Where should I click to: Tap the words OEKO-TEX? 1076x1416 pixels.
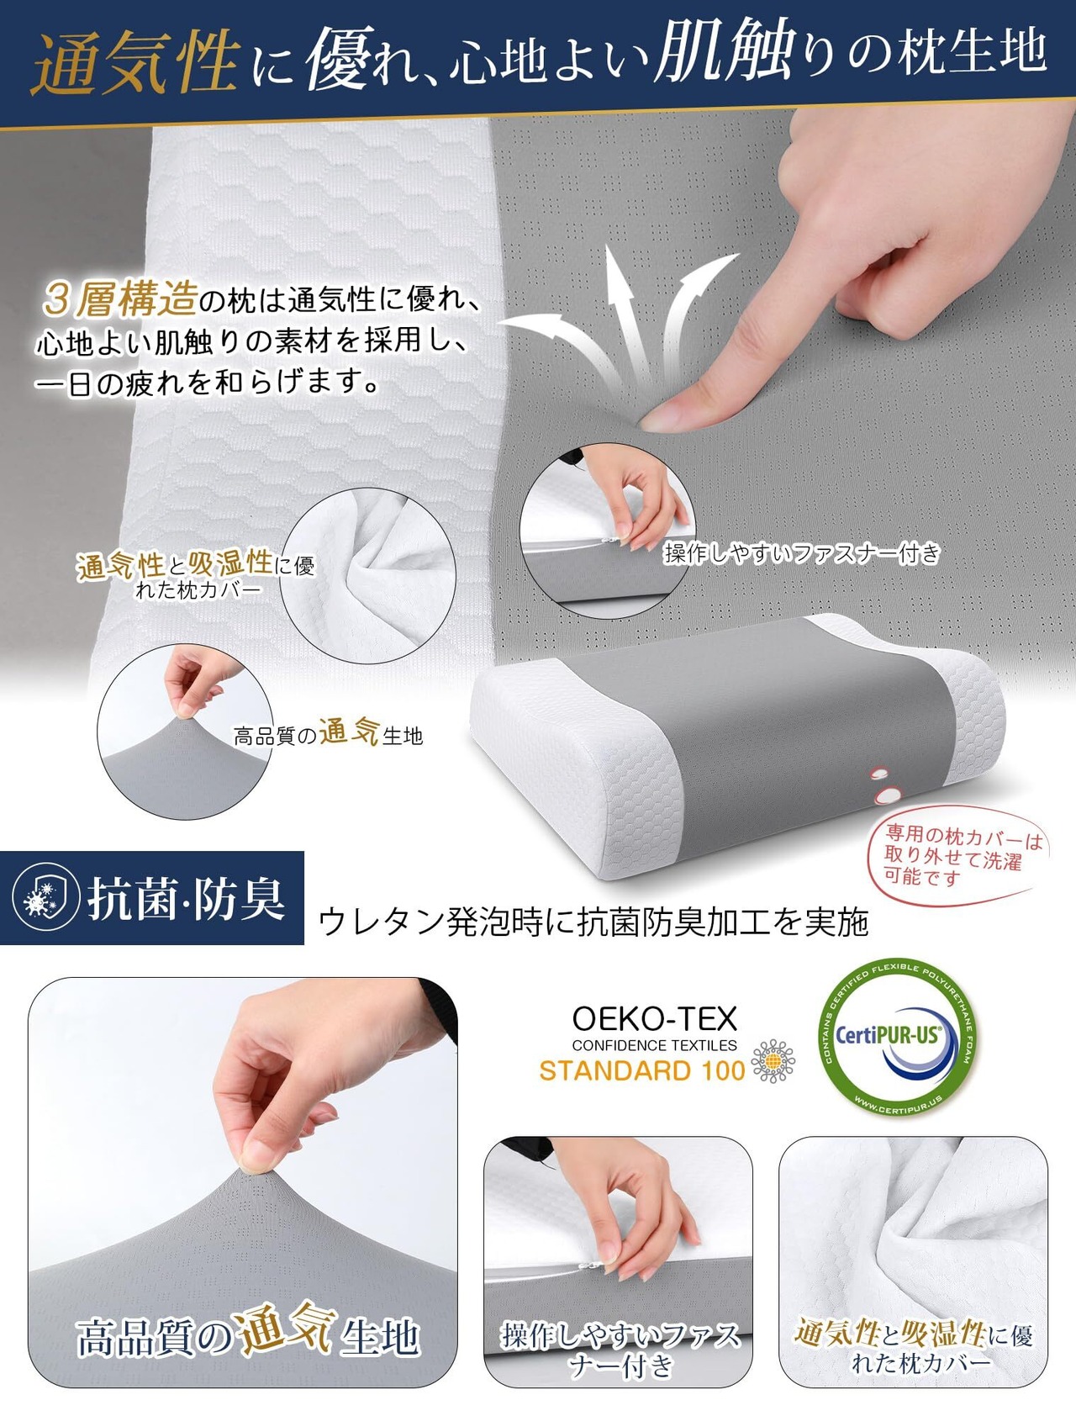pos(654,1019)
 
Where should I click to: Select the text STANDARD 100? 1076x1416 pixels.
pos(642,1070)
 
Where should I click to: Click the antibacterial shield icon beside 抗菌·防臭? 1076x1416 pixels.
pos(46,897)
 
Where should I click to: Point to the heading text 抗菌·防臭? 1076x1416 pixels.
pos(187,898)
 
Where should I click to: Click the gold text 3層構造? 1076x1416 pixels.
pos(121,299)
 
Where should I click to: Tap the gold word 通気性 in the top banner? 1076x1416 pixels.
pos(134,62)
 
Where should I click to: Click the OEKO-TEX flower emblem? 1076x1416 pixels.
pos(773,1061)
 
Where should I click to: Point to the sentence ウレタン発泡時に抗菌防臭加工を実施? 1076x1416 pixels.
pos(593,922)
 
